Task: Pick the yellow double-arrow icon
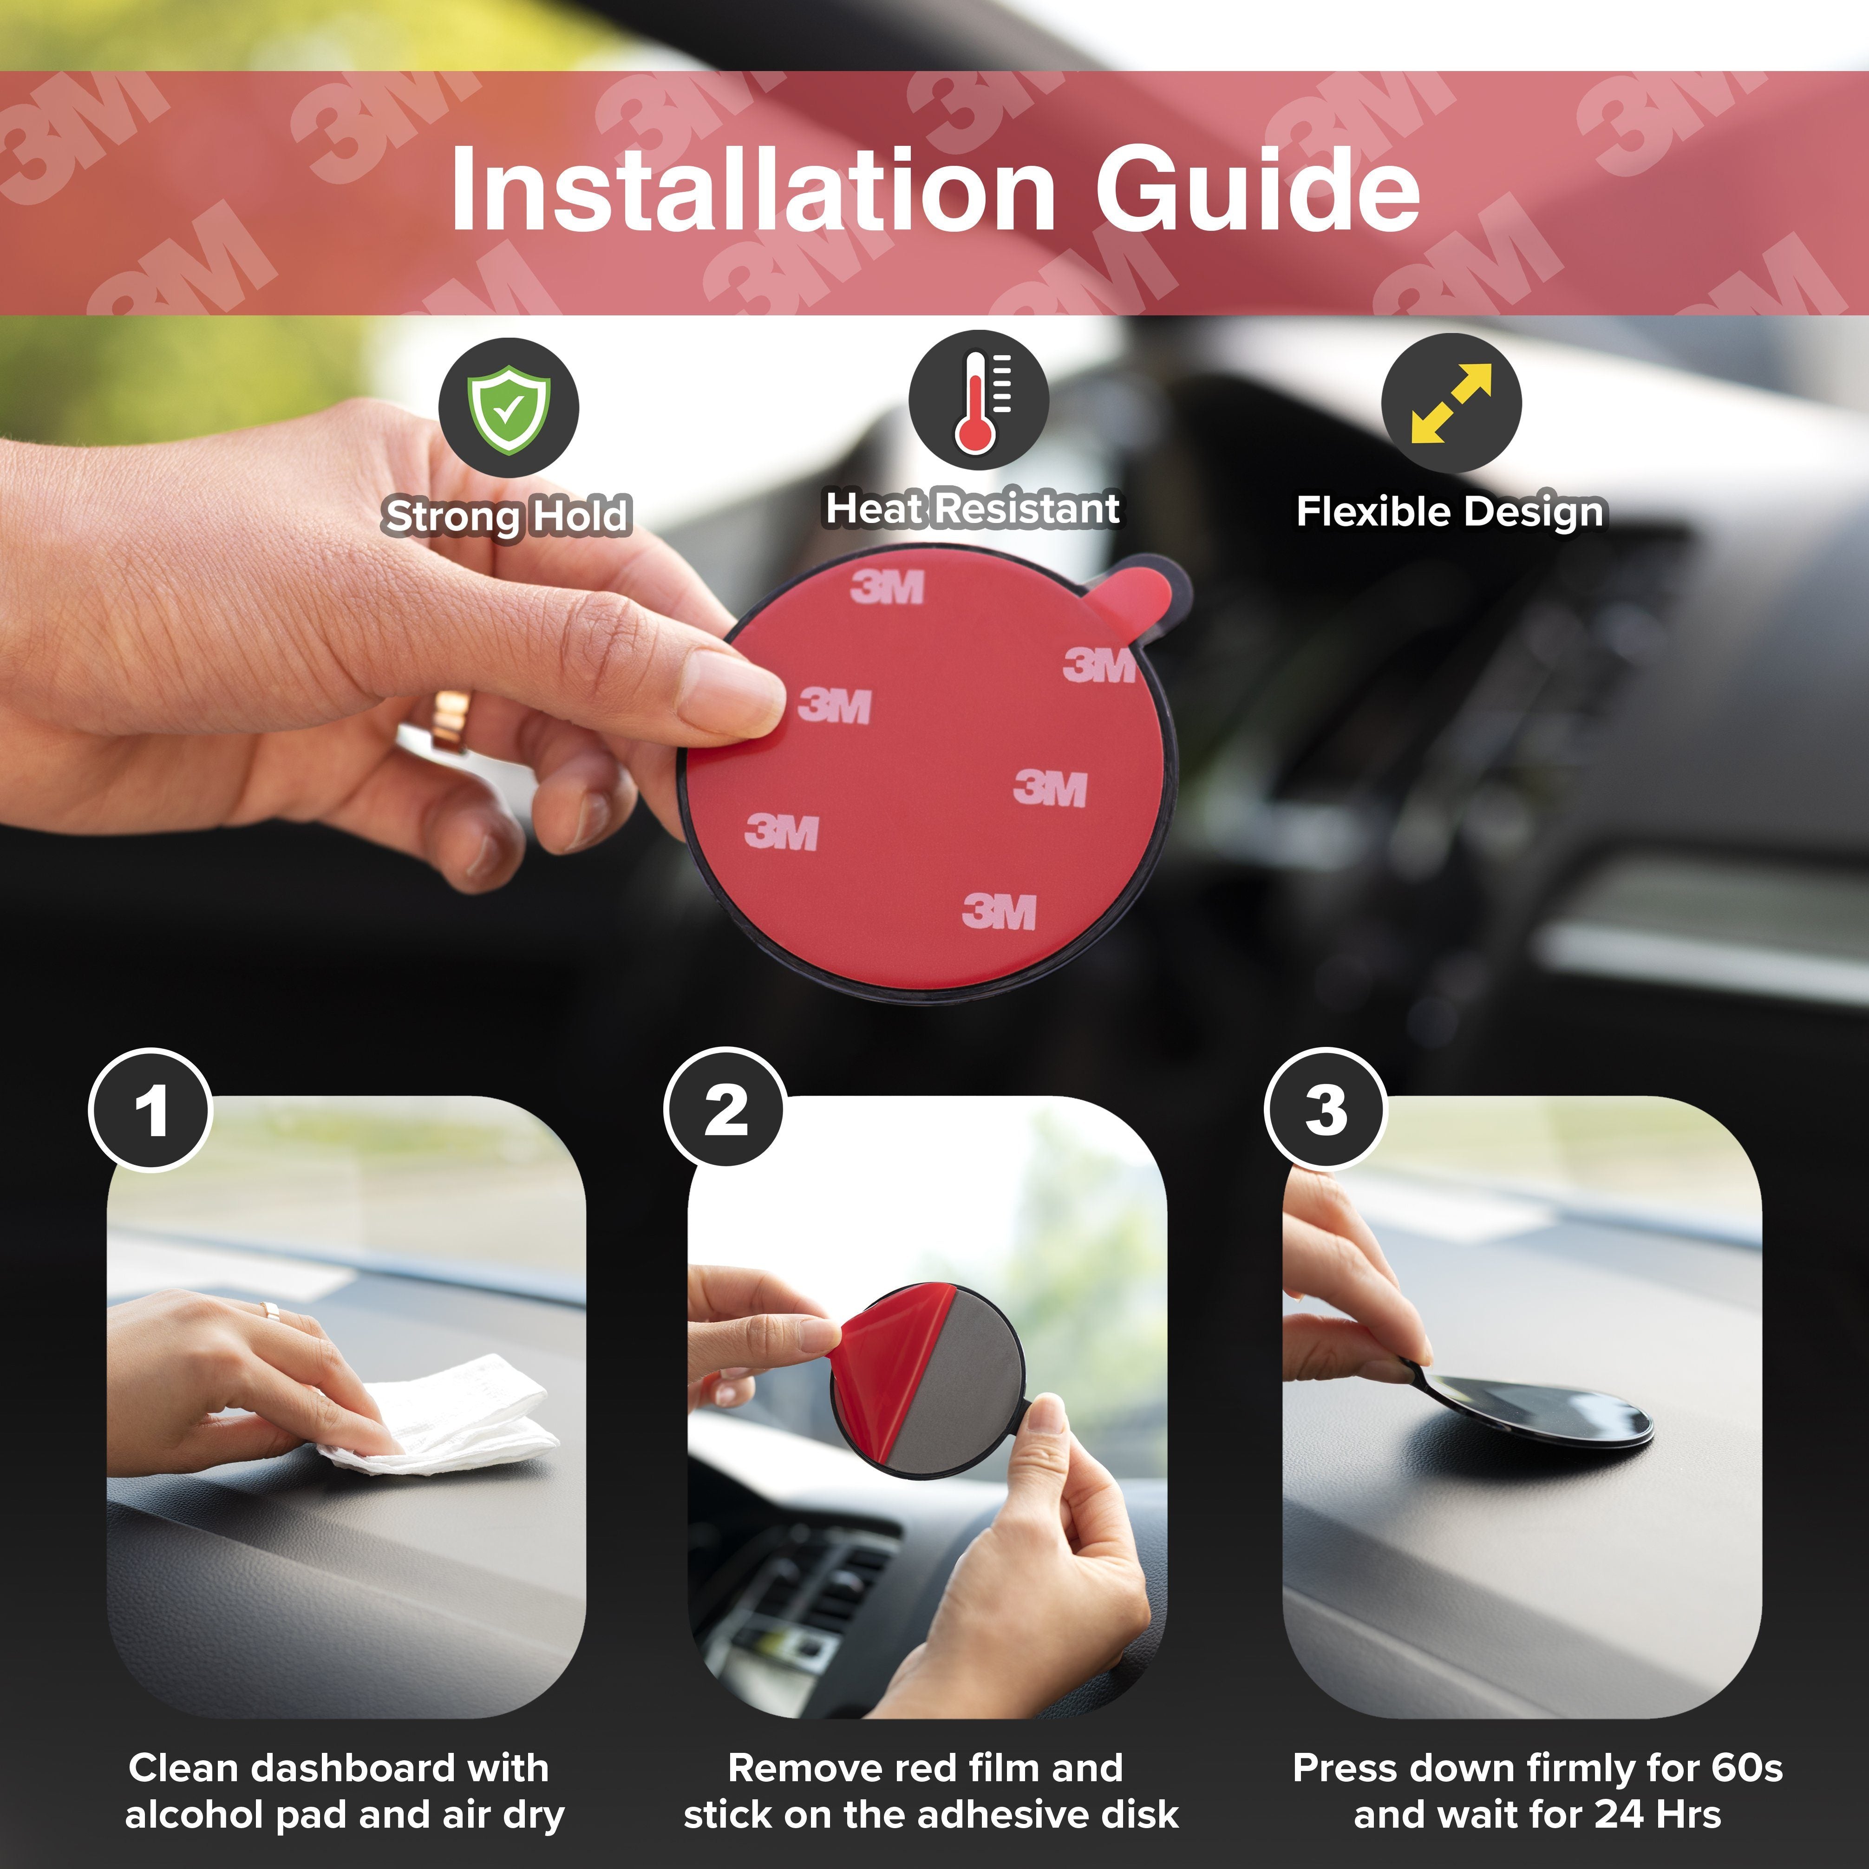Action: click(x=1451, y=404)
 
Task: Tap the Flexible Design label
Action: click(x=1449, y=512)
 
